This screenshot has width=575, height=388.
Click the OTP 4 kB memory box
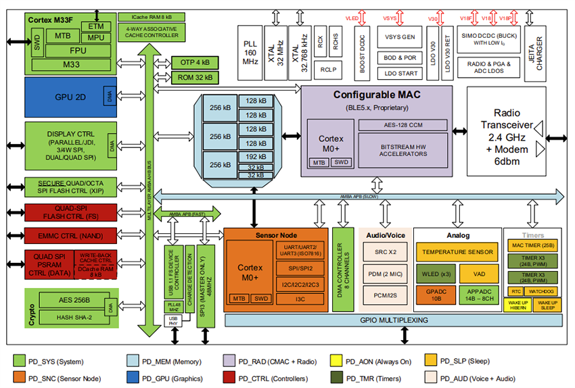pyautogui.click(x=195, y=62)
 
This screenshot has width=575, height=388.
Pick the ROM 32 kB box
pyautogui.click(x=195, y=77)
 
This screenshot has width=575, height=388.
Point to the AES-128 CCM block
pyautogui.click(x=402, y=125)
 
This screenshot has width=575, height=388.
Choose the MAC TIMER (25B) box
pyautogui.click(x=533, y=247)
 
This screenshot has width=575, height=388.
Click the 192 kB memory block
pyautogui.click(x=256, y=156)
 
